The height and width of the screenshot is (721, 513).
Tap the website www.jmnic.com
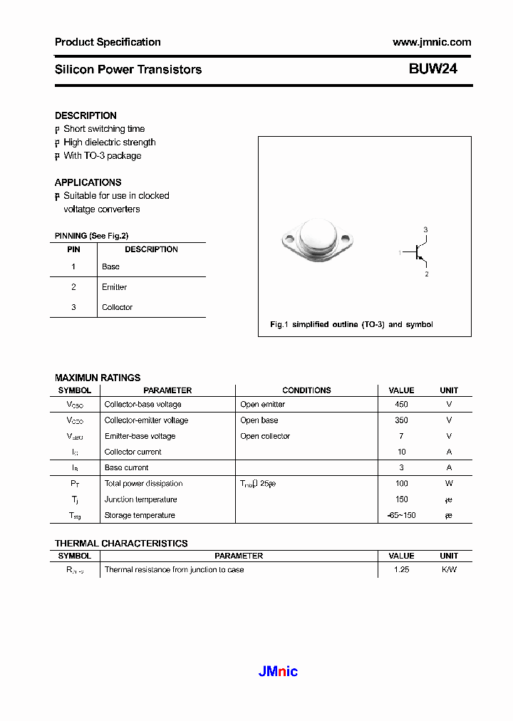(432, 42)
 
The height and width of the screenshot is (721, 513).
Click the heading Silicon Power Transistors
(128, 70)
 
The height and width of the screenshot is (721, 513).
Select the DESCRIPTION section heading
(85, 115)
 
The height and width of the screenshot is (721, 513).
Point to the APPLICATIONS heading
(88, 182)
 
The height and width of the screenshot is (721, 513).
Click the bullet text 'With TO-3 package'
(102, 156)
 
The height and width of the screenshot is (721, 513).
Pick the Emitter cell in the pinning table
(114, 287)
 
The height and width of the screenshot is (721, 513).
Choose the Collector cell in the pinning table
(117, 307)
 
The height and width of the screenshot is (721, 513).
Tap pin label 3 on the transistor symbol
(425, 229)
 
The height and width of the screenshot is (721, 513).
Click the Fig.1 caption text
(351, 325)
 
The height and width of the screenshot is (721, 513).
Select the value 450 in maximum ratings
(401, 405)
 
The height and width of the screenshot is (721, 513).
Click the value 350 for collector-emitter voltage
(401, 420)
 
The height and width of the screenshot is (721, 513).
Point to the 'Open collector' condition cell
(265, 436)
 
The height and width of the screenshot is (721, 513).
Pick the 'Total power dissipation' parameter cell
(143, 484)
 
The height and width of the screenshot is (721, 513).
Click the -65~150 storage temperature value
(401, 515)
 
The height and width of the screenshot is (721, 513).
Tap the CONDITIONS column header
(306, 390)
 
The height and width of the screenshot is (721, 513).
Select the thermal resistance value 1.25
(401, 570)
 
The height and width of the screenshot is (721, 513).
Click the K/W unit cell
(449, 570)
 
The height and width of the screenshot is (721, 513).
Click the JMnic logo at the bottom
(276, 671)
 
